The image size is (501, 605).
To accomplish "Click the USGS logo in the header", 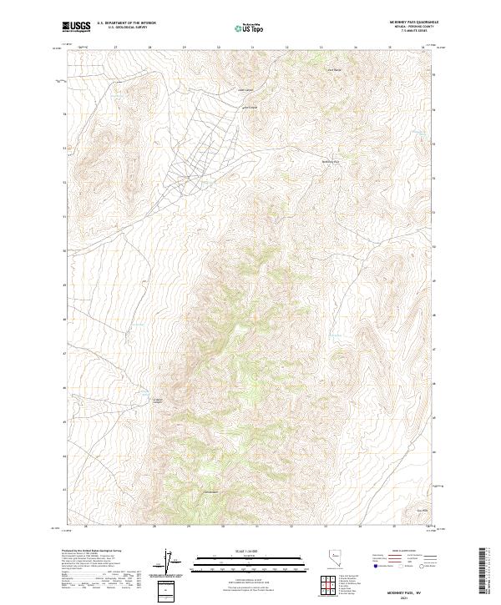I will point(75,27).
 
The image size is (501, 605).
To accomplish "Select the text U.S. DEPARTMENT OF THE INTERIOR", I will point(126,23).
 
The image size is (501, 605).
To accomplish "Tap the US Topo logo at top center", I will point(250,28).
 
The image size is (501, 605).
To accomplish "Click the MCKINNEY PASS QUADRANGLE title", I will point(408,22).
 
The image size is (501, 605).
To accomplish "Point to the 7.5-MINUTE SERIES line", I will point(408,32).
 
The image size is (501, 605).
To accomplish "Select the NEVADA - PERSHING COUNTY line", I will point(408,27).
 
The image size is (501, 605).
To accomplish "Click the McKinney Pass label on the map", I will point(331,161).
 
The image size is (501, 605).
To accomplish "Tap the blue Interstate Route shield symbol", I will point(375,566).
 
